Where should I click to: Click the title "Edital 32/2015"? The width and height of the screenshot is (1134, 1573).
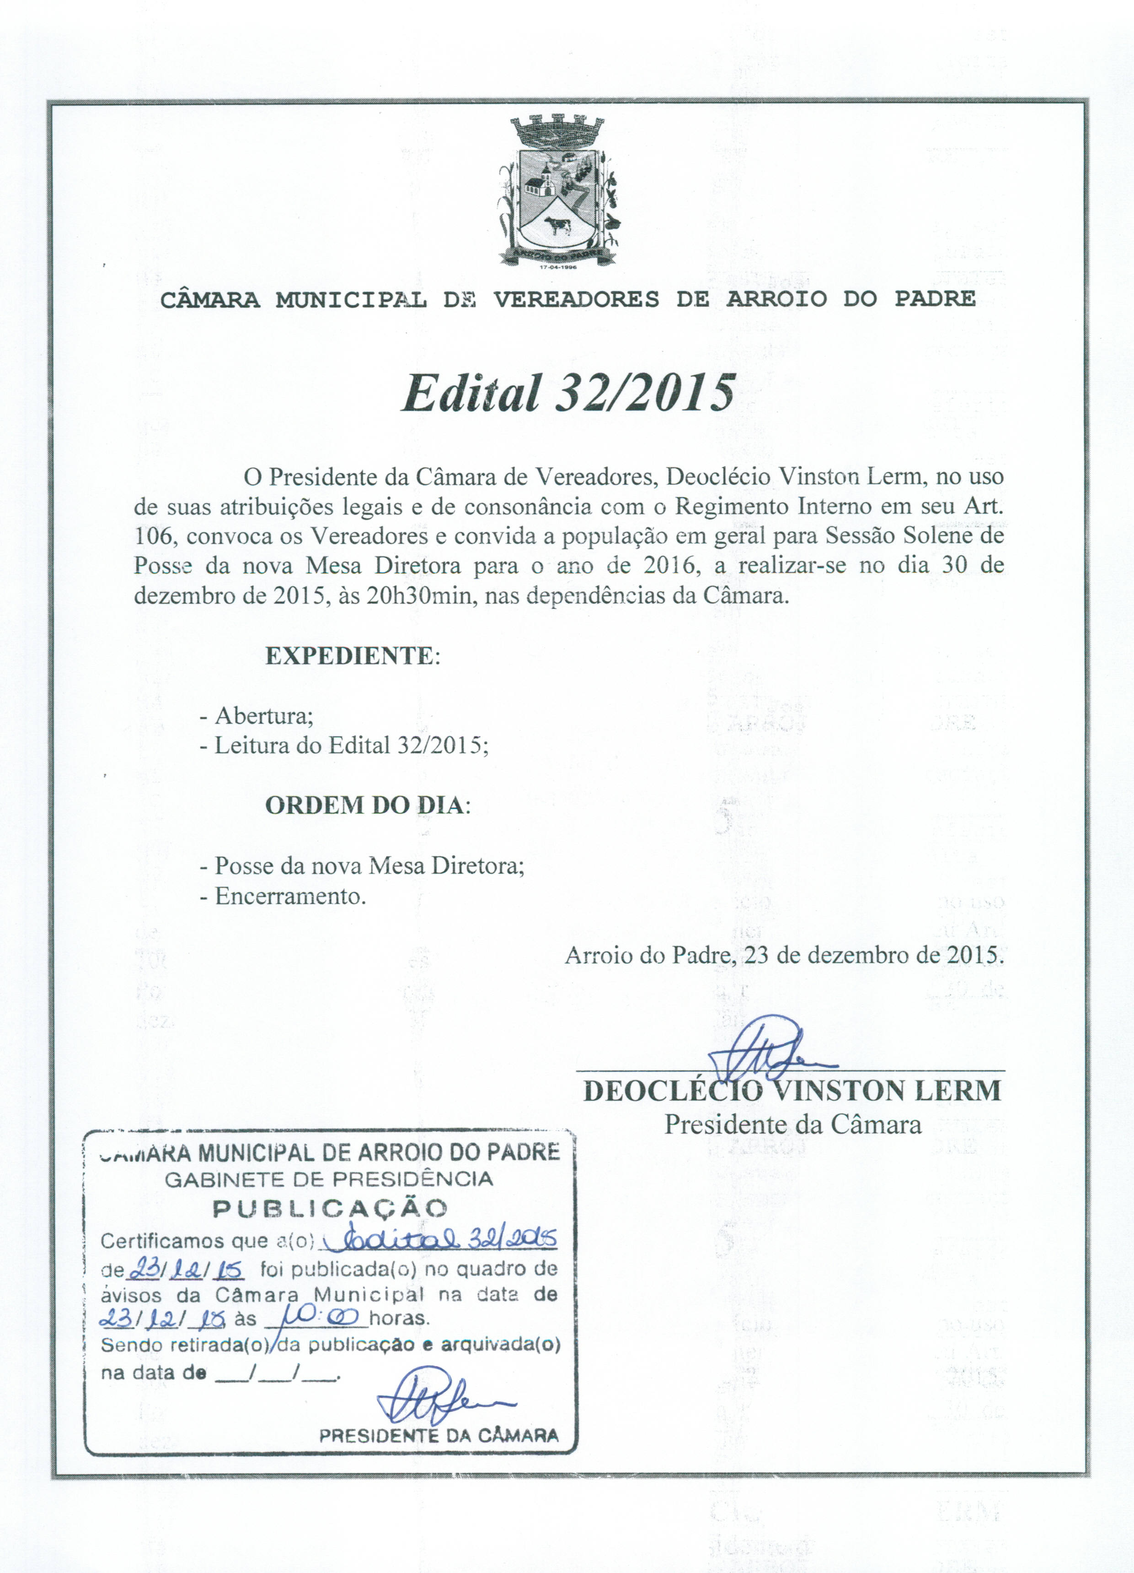pyautogui.click(x=568, y=393)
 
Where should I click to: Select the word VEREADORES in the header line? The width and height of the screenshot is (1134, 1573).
pyautogui.click(x=576, y=300)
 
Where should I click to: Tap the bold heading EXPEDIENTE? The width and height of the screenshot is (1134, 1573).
pyautogui.click(x=350, y=656)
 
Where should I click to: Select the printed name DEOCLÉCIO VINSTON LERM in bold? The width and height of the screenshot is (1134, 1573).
pyautogui.click(x=792, y=1091)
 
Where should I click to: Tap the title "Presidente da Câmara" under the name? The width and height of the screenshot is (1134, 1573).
pyautogui.click(x=792, y=1124)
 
